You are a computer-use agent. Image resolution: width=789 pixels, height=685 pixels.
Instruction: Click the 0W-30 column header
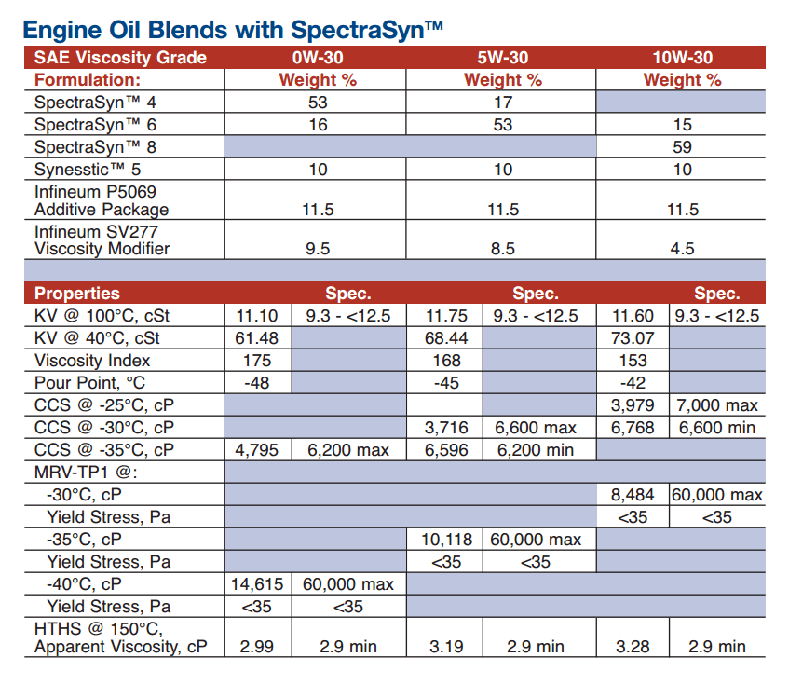[x=318, y=58]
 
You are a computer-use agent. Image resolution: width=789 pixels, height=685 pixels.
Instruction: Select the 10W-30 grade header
[x=682, y=58]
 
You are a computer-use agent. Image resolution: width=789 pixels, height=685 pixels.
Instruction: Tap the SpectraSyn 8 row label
[x=95, y=147]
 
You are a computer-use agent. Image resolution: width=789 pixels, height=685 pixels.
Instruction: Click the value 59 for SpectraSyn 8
[x=682, y=147]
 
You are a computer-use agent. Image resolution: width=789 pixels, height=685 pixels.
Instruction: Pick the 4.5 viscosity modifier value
[x=682, y=249]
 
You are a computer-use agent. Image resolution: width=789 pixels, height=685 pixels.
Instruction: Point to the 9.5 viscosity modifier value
[x=318, y=249]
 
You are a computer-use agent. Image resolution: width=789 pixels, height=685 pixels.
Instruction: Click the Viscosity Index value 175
[x=257, y=361]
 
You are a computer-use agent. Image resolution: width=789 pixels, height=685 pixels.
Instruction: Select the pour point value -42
[x=633, y=383]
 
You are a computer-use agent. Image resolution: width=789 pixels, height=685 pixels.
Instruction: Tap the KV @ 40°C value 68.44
[x=446, y=338]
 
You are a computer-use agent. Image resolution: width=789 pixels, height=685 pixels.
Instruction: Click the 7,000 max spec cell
[x=717, y=405]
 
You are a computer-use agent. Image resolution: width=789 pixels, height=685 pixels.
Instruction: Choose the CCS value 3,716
[x=446, y=428]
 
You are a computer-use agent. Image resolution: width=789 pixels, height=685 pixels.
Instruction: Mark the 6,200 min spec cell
[x=536, y=450]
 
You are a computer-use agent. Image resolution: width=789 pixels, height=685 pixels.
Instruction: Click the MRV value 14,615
[x=257, y=584]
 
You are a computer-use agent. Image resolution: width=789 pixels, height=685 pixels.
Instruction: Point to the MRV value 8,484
[x=633, y=495]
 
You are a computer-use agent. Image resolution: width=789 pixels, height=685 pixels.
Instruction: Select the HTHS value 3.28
[x=633, y=647]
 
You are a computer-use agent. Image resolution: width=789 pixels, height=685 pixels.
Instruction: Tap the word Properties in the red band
[x=77, y=294]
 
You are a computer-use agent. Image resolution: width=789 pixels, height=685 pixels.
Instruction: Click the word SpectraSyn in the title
[x=359, y=30]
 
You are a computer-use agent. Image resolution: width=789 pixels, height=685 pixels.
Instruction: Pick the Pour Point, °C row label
[x=89, y=383]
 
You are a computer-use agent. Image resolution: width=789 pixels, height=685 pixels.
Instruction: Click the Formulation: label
[x=88, y=80]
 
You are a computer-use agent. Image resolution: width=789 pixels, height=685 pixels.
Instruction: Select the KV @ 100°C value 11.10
[x=257, y=316]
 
